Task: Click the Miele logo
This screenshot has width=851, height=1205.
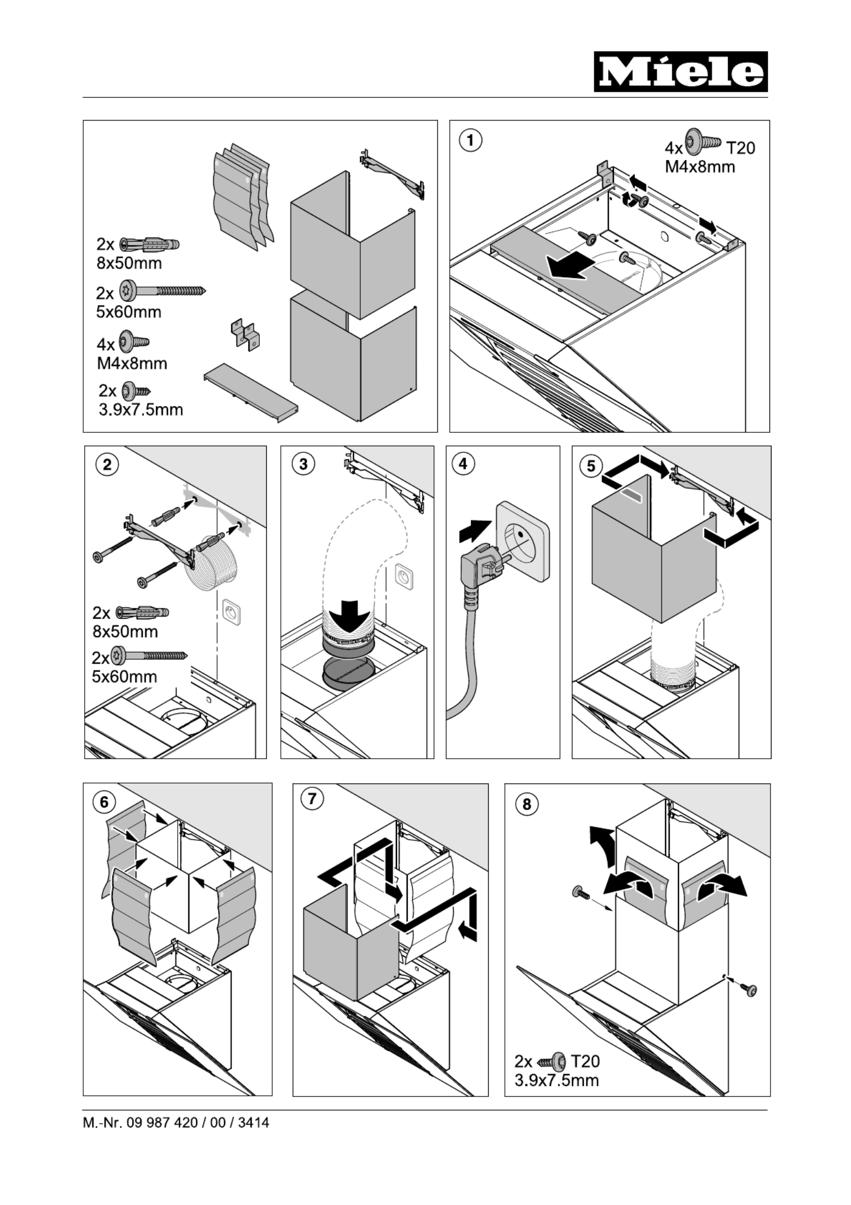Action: (x=680, y=72)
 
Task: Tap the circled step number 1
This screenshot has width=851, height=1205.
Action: (x=470, y=140)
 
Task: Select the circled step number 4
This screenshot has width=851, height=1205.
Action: (x=463, y=465)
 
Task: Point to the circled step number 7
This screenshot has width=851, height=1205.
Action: (x=312, y=798)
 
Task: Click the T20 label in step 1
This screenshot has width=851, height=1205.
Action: (x=740, y=147)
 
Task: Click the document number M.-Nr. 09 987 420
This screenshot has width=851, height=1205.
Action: (x=176, y=1123)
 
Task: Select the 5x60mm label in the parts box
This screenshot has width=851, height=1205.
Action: (x=129, y=312)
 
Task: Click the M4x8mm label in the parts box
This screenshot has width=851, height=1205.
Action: (x=132, y=363)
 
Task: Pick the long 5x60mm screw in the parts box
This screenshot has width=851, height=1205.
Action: (x=162, y=292)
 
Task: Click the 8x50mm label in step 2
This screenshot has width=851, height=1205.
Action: (x=125, y=631)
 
